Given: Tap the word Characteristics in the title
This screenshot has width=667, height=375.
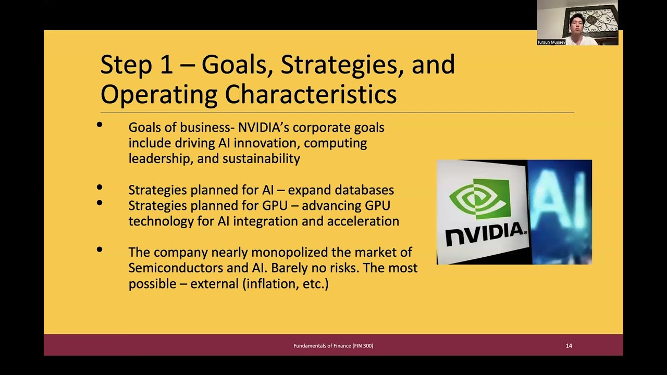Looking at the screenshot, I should coord(311,95).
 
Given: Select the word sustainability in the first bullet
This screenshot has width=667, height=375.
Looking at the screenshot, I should coord(261,159).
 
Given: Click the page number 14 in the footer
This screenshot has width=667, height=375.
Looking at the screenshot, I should coord(569,346).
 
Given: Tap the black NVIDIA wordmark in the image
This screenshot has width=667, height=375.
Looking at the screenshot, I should coord(485,233).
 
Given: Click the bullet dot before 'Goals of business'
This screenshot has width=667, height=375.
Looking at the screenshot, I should coord(100,125).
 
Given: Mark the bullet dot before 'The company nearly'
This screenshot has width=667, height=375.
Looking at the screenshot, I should coord(100,250).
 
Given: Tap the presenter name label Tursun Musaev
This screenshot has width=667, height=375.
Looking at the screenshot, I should coord(551,42).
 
